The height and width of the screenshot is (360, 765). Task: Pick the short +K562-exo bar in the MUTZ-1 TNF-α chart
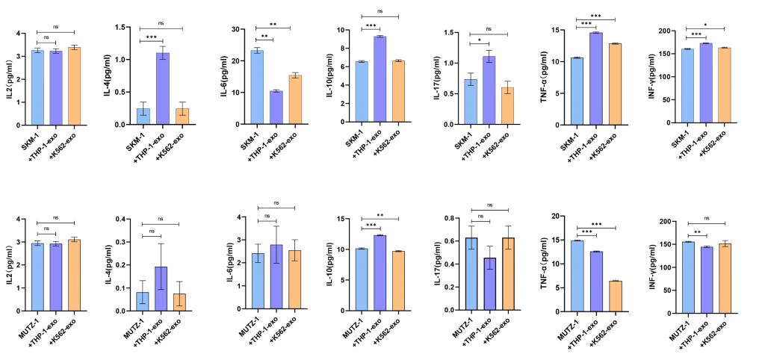[616, 295]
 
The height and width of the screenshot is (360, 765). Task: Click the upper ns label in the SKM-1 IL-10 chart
[380, 11]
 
